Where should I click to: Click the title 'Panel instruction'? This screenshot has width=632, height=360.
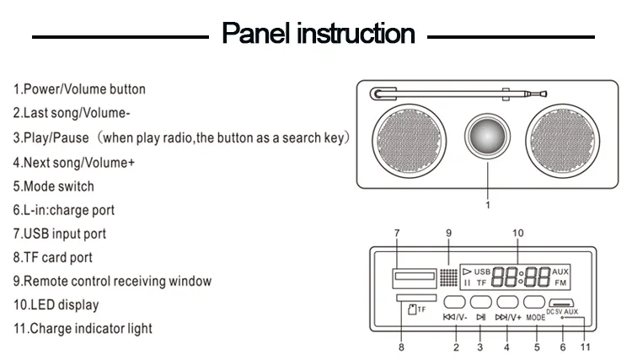pyautogui.click(x=318, y=34)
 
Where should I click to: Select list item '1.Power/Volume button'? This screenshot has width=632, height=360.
pyautogui.click(x=79, y=89)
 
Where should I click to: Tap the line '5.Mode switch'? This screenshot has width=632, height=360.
pyautogui.click(x=53, y=186)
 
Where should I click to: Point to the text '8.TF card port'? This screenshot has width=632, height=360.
pyautogui.click(x=52, y=257)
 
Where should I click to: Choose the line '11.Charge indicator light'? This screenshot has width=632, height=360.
pyautogui.click(x=83, y=328)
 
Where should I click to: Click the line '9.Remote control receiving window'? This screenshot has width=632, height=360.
pyautogui.click(x=112, y=281)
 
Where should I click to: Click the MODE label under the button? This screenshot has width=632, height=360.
pyautogui.click(x=536, y=319)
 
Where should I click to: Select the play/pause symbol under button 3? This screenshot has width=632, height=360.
pyautogui.click(x=481, y=318)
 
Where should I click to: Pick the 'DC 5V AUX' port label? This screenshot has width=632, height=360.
pyautogui.click(x=562, y=313)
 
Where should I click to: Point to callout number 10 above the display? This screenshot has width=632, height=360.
pyautogui.click(x=517, y=233)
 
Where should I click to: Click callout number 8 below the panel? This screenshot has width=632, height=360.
pyautogui.click(x=401, y=347)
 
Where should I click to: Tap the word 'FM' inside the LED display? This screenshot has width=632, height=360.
pyautogui.click(x=560, y=282)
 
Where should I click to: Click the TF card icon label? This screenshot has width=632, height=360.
pyautogui.click(x=416, y=309)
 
